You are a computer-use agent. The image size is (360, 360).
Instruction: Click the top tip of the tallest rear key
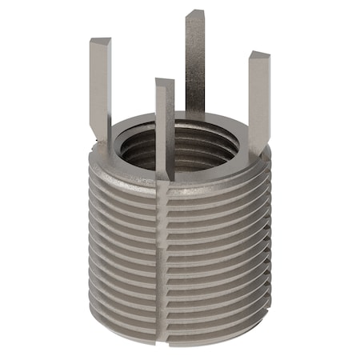(195, 14)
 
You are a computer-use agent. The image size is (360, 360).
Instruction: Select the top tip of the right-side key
(259, 56)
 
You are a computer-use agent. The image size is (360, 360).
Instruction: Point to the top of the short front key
(164, 82)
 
